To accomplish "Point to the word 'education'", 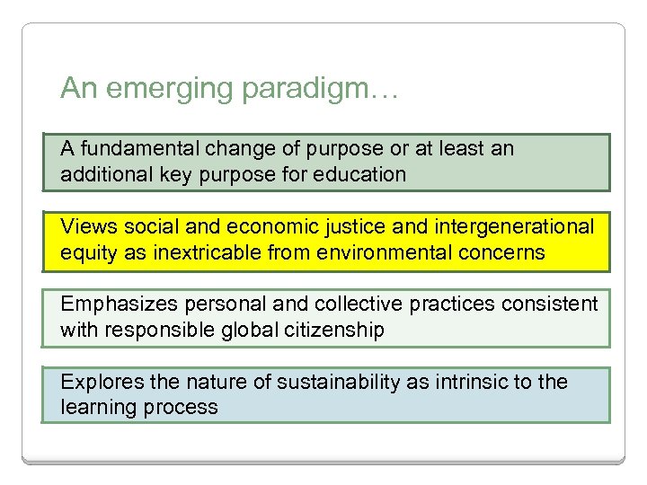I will pyautogui.click(x=364, y=173).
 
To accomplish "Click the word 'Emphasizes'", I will pyautogui.click(x=115, y=304).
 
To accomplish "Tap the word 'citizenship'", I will pyautogui.click(x=333, y=330).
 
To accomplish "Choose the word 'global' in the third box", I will pyautogui.click(x=249, y=330).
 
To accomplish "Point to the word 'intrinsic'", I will pyautogui.click(x=465, y=382).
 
